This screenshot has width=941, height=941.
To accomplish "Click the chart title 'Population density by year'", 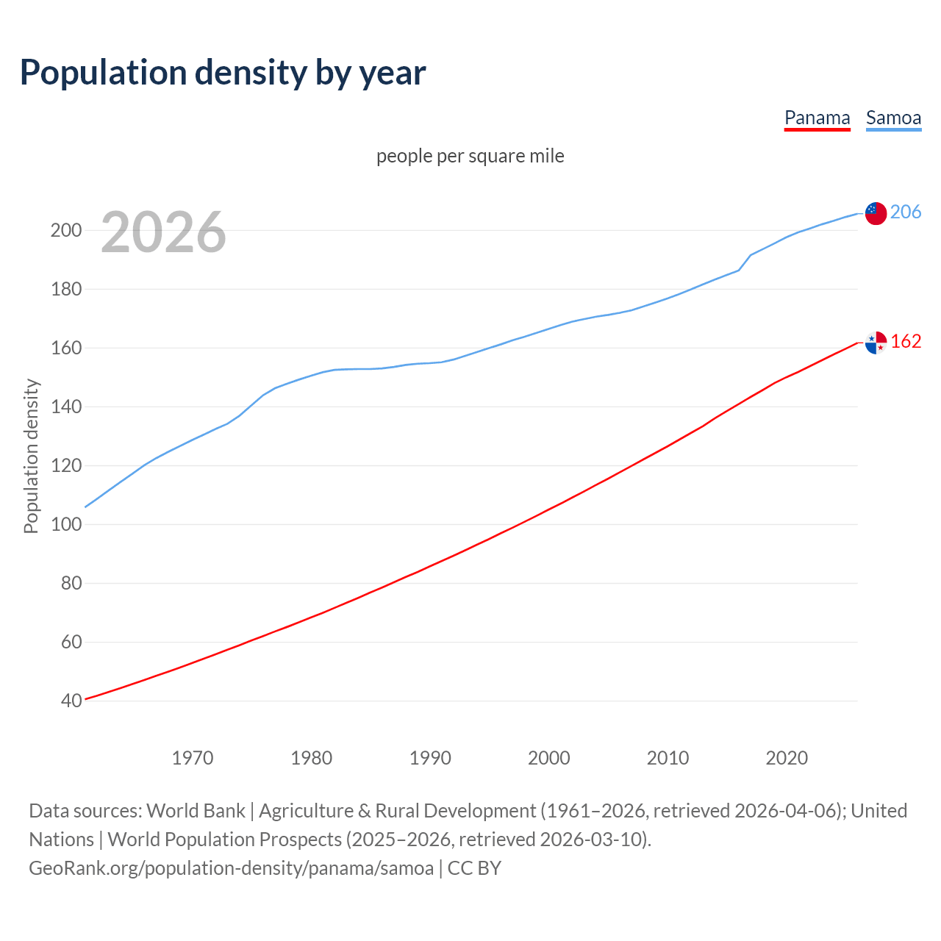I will coord(223,73).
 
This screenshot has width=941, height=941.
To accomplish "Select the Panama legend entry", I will coord(817,118).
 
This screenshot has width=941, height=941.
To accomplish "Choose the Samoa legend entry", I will coord(893,118).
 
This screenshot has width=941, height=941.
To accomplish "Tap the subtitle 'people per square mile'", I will coord(470,156).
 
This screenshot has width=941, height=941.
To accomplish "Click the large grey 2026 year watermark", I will coord(163,232).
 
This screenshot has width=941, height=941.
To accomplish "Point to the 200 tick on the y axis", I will coord(65,230).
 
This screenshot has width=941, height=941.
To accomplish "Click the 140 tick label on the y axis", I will coord(65,407).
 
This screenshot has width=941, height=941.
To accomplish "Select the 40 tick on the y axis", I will coord(71,701).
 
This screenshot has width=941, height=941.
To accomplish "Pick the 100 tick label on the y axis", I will coord(65,524).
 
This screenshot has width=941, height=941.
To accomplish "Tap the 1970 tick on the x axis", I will coord(193,757).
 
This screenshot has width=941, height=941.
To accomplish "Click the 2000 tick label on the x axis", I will coord(549,757).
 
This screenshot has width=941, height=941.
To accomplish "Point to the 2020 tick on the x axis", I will coord(787,757).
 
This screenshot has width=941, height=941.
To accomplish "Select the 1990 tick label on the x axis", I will coord(430,757).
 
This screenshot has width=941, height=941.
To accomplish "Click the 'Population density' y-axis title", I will coord(31,456).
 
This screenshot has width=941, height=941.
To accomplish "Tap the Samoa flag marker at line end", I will coord(876,213).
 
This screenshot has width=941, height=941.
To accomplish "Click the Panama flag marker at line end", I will coord(876,343).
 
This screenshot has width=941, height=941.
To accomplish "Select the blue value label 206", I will coord(906,212).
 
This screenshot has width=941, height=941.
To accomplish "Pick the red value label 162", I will coord(906,341).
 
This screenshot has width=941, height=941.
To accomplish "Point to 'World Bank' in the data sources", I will coord(196,810).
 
